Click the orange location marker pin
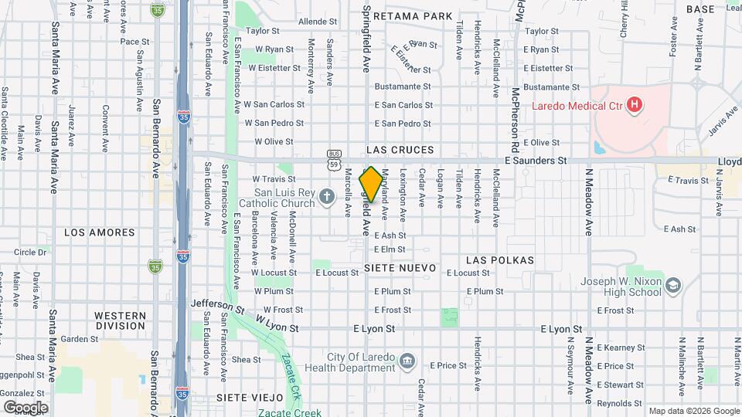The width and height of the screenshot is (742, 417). (371, 184)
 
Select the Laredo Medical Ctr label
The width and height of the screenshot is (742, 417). (576, 104)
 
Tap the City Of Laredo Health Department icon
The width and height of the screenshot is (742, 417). (407, 361)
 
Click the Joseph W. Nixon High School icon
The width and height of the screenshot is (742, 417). (674, 287)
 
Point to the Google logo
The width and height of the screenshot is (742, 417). (25, 407)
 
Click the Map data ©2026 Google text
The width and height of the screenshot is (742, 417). (693, 411)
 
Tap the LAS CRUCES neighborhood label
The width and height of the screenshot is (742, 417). (400, 150)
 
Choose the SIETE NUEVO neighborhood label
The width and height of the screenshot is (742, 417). (400, 268)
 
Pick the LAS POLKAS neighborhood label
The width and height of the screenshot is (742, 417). (501, 260)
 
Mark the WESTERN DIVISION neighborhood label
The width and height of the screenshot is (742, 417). (120, 320)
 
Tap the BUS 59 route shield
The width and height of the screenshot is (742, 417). (334, 159)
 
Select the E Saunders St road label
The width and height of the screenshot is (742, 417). (536, 161)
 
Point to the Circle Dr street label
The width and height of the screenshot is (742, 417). (30, 252)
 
